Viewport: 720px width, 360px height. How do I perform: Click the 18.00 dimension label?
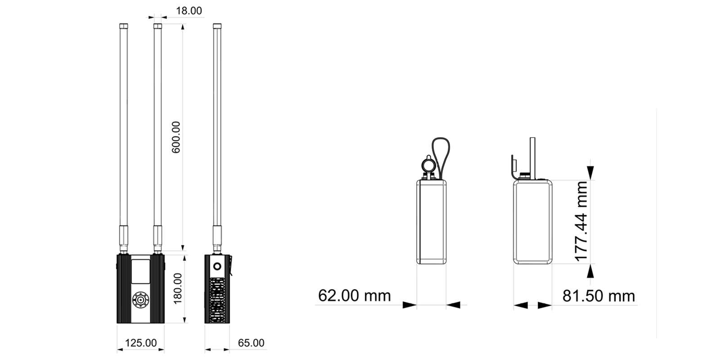click(x=189, y=11)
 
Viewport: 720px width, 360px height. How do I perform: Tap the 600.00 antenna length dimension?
click(x=176, y=137)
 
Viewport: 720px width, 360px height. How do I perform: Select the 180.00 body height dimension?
click(x=177, y=288)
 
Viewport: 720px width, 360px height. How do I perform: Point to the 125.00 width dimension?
click(x=141, y=343)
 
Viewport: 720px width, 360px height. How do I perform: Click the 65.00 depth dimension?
click(x=251, y=343)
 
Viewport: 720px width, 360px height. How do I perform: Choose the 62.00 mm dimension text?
click(x=354, y=295)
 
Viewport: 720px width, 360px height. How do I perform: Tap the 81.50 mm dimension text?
click(x=598, y=296)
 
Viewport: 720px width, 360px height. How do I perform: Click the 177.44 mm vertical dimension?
click(x=581, y=221)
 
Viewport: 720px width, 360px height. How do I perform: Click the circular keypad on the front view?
click(x=140, y=300)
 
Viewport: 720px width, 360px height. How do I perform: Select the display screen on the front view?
click(x=140, y=272)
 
